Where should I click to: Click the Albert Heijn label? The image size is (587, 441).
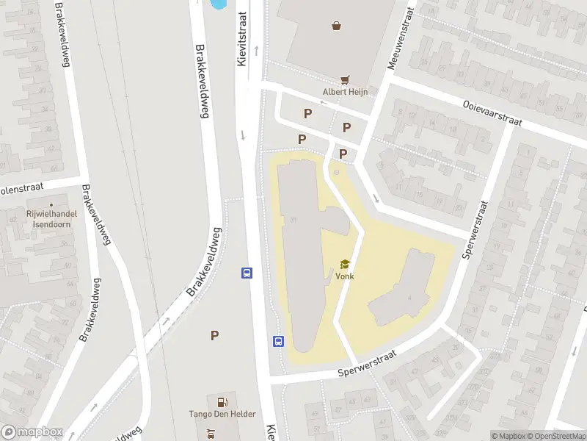(345, 92)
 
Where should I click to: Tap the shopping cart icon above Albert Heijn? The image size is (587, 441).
(345, 79)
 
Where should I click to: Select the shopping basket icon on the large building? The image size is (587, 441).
(336, 26)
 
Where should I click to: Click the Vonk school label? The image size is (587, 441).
(345, 276)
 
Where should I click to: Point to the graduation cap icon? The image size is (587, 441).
(345, 264)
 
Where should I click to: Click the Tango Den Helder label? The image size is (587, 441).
(222, 414)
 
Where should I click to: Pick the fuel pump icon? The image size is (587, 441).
(222, 401)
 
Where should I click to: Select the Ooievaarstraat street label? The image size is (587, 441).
(492, 114)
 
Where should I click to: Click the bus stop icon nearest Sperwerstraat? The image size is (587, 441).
(279, 341)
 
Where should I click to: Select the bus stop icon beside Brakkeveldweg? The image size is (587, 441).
(247, 273)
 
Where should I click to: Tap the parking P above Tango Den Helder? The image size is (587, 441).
(215, 335)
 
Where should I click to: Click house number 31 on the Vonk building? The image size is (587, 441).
(293, 220)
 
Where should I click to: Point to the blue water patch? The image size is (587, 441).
(218, 4)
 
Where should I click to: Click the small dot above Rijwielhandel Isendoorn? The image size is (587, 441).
(51, 204)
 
